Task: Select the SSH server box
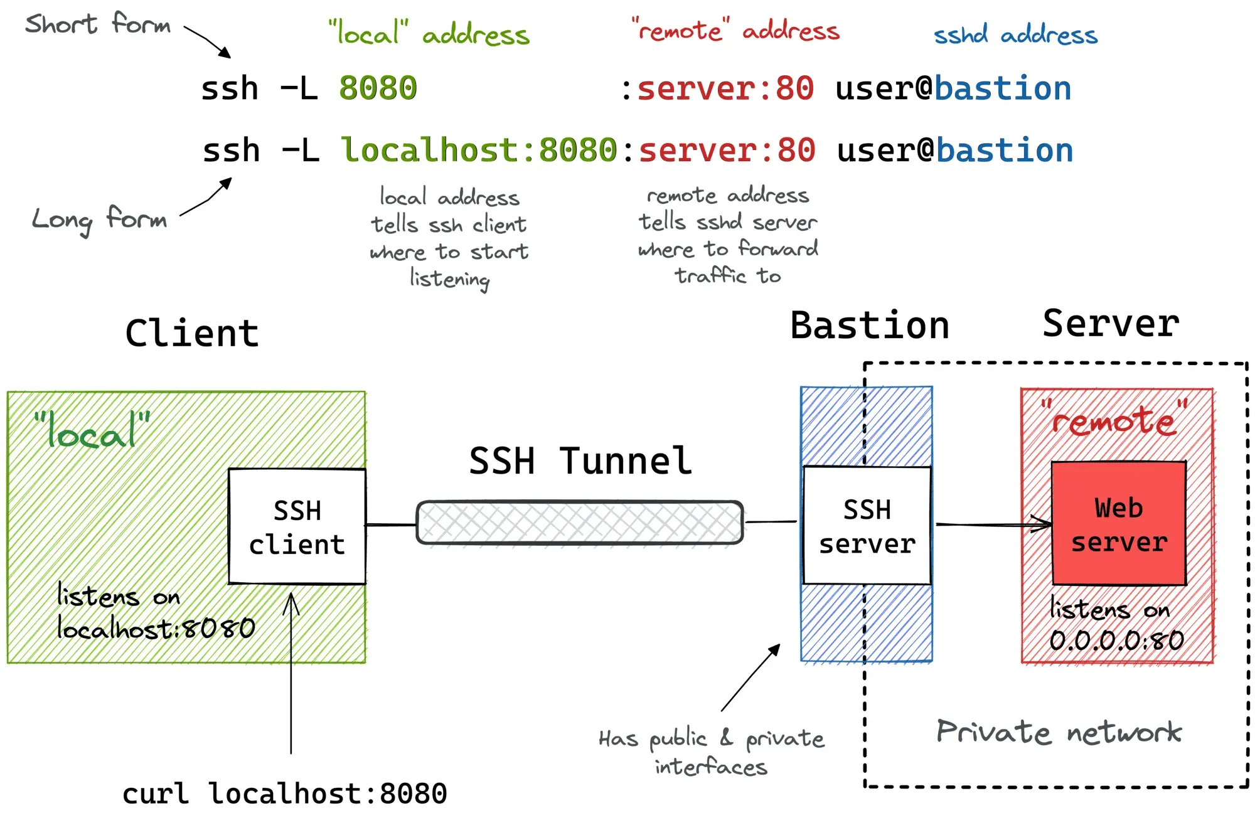[867, 526]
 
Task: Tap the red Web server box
[1119, 524]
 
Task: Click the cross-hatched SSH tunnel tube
[579, 522]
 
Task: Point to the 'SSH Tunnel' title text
[580, 461]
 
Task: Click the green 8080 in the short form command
[378, 88]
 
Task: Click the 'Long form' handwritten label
[99, 220]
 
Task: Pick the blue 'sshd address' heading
[1015, 35]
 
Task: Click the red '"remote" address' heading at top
[735, 30]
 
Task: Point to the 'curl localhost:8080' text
[284, 794]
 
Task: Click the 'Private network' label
[1059, 732]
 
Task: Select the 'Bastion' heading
[869, 326]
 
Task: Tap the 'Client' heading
[192, 333]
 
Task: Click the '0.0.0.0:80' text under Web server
[1116, 640]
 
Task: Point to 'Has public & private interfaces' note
[711, 752]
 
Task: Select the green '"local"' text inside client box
[92, 430]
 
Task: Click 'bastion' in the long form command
[1005, 151]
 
